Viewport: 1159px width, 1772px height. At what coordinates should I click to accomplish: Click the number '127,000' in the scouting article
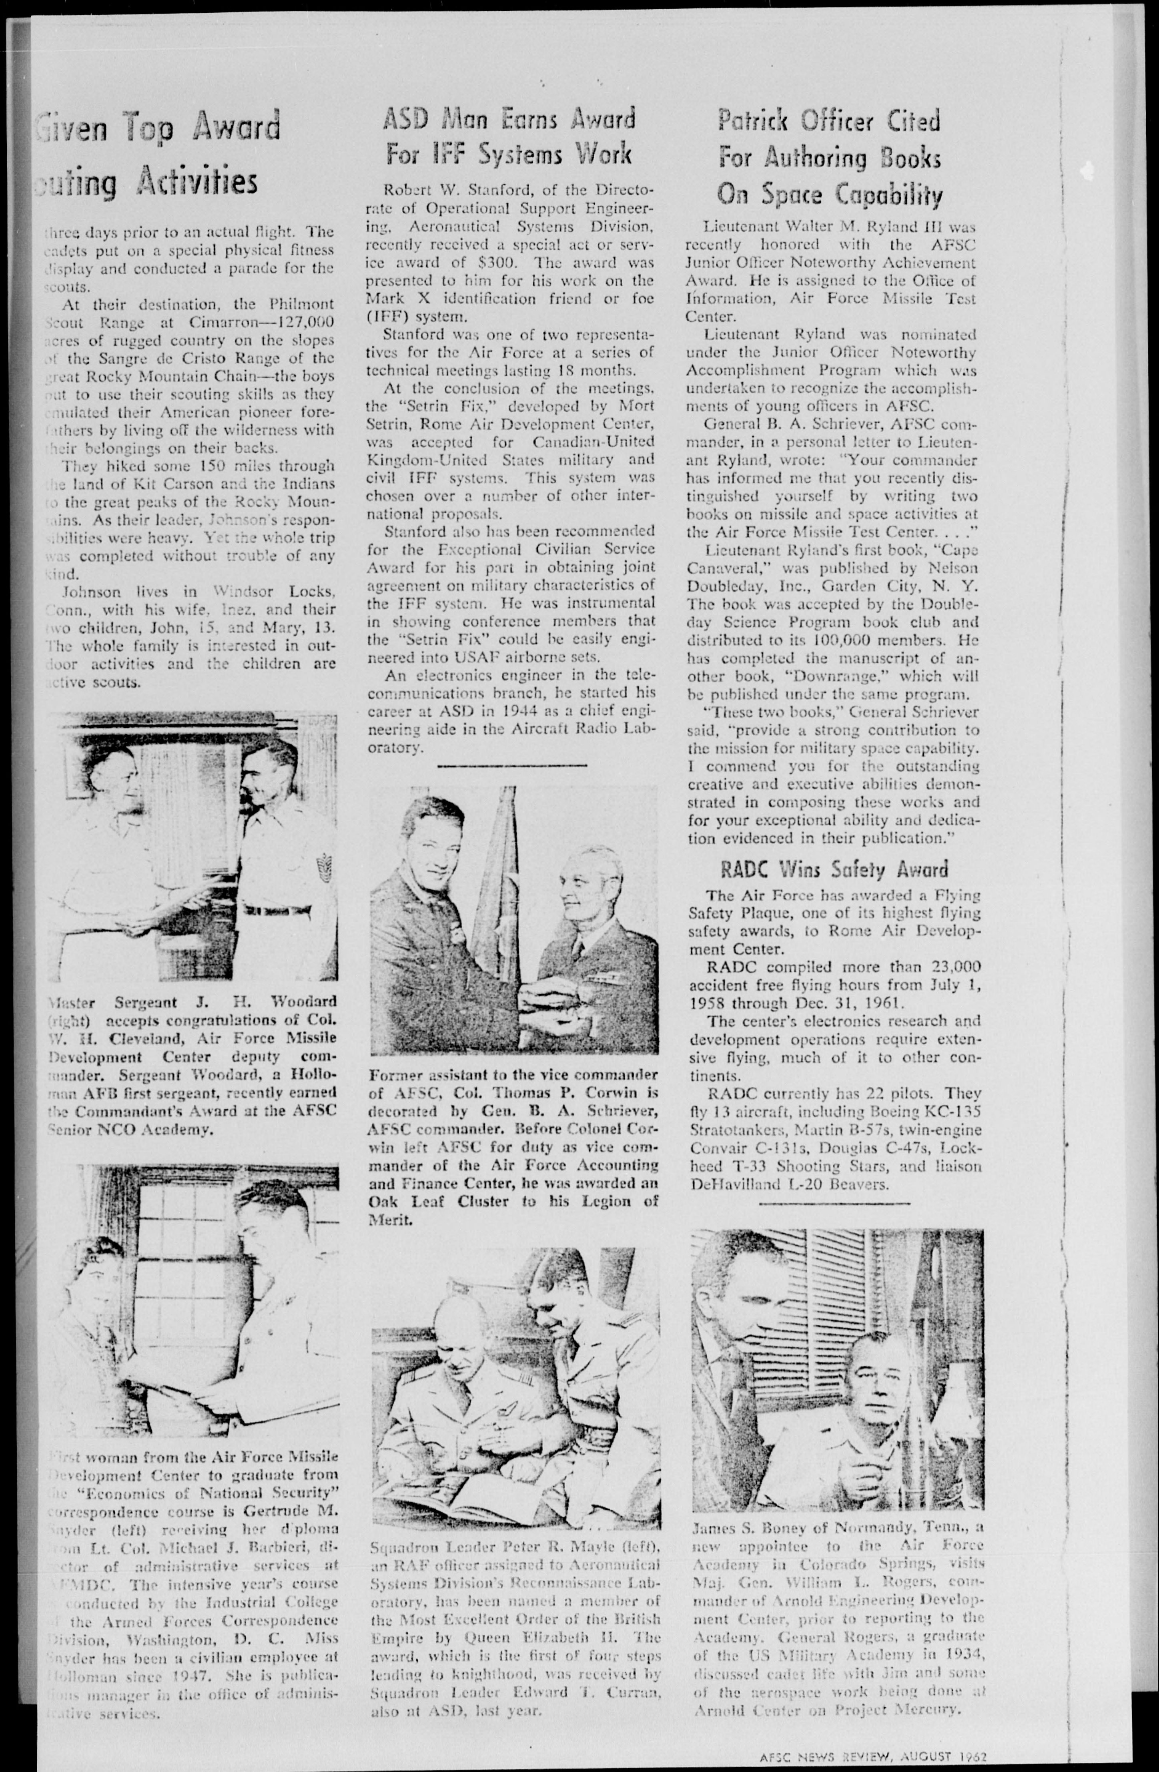click(304, 322)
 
